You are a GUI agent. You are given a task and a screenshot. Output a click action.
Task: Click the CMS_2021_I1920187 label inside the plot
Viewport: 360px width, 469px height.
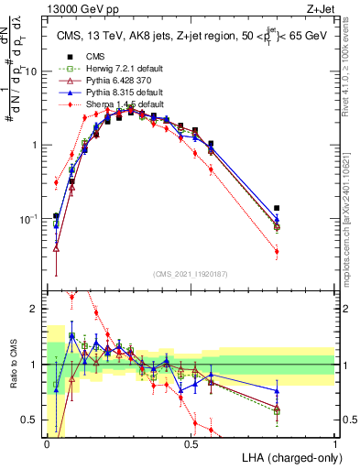pyautogui.click(x=190, y=275)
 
